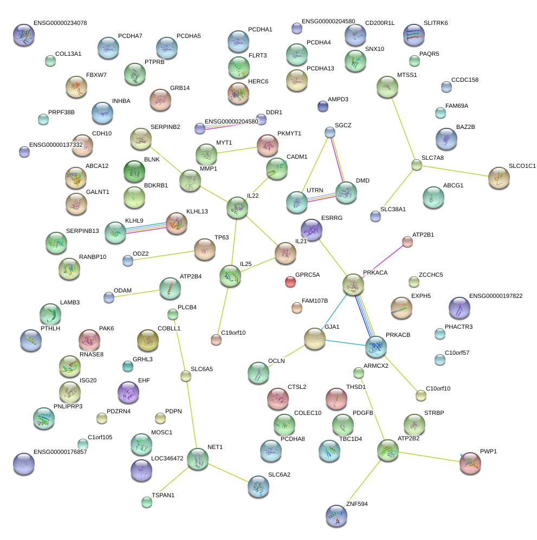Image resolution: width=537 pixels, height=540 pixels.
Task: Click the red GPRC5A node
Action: point(290,282)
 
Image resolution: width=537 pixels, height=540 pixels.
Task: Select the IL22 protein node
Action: point(237,207)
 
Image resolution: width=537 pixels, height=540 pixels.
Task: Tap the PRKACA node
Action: point(353,284)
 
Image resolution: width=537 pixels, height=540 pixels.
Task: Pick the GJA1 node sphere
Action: point(314,339)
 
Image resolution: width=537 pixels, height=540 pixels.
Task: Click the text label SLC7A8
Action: point(432,158)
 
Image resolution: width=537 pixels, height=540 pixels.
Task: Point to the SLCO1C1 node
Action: point(499,178)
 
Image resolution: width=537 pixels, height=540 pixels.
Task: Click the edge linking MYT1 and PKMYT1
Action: point(237,150)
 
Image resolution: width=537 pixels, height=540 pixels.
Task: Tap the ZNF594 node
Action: point(336,516)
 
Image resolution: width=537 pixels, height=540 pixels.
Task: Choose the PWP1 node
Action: point(470,463)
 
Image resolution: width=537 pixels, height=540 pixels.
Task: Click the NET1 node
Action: point(198,459)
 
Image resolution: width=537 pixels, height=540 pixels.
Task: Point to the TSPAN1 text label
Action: point(163,495)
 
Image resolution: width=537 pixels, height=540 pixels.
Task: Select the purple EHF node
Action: point(128,392)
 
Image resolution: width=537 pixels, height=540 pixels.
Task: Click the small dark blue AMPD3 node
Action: point(323,106)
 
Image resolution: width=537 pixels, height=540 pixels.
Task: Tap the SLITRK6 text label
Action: point(436,23)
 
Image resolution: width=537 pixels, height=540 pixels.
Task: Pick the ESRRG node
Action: point(312,230)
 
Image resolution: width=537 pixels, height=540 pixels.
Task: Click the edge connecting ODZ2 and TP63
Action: point(164,256)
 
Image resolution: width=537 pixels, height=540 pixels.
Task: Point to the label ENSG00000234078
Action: point(60,23)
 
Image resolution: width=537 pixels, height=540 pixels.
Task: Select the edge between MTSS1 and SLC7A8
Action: point(403,129)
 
